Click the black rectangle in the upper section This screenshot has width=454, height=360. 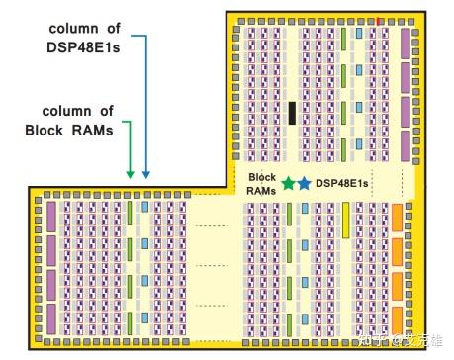pos(293,113)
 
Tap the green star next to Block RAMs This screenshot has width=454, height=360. pos(288,183)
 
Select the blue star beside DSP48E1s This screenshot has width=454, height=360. pos(304,183)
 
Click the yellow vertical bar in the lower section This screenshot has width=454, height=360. pos(347,220)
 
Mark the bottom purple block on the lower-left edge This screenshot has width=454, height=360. pos(51,314)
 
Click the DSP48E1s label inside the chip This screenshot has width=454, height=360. pos(342,183)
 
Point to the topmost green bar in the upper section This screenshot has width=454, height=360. pos(343,39)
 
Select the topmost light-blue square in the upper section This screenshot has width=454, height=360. pos(358,34)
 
